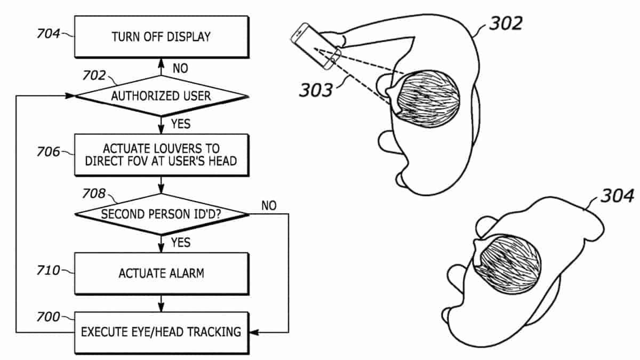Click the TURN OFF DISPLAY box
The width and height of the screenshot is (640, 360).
pyautogui.click(x=161, y=37)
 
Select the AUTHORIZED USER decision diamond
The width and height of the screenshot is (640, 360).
pyautogui.click(x=161, y=97)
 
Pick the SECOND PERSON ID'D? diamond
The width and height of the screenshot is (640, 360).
pyautogui.click(x=161, y=214)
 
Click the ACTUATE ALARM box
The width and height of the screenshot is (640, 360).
pyautogui.click(x=161, y=274)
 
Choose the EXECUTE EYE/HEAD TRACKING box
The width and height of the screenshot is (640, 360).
pyautogui.click(x=161, y=332)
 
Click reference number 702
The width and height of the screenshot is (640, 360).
pyautogui.click(x=94, y=75)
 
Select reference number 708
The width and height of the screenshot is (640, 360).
pyautogui.click(x=94, y=194)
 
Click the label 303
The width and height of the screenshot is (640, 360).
pyautogui.click(x=315, y=90)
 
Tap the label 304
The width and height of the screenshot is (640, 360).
pyautogui.click(x=617, y=196)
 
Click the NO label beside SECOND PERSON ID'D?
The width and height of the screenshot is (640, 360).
pyautogui.click(x=269, y=205)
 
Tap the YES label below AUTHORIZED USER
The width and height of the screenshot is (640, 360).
pyautogui.click(x=181, y=124)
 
